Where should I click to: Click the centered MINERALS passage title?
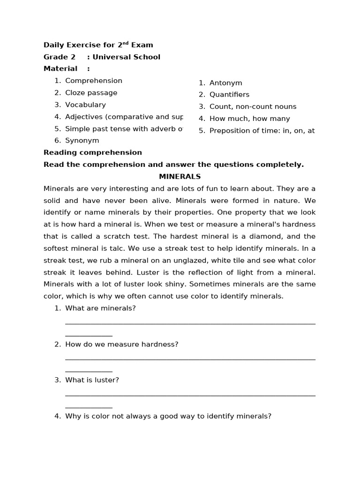(x=180, y=177)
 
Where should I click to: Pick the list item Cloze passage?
(x=91, y=93)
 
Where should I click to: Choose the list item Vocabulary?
(x=85, y=105)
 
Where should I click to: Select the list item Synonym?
(x=82, y=140)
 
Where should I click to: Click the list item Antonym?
(x=225, y=83)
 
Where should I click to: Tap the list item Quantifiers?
(x=229, y=95)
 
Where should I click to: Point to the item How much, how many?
(x=249, y=119)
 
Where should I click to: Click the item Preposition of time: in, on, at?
(x=262, y=131)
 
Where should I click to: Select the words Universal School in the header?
(x=126, y=57)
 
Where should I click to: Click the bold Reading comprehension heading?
(x=92, y=152)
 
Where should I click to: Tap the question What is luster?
(x=92, y=380)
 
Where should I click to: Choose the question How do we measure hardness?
(x=121, y=344)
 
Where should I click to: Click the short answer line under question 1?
(x=89, y=336)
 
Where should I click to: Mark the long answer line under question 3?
(x=190, y=396)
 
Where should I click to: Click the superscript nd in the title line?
(x=125, y=43)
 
